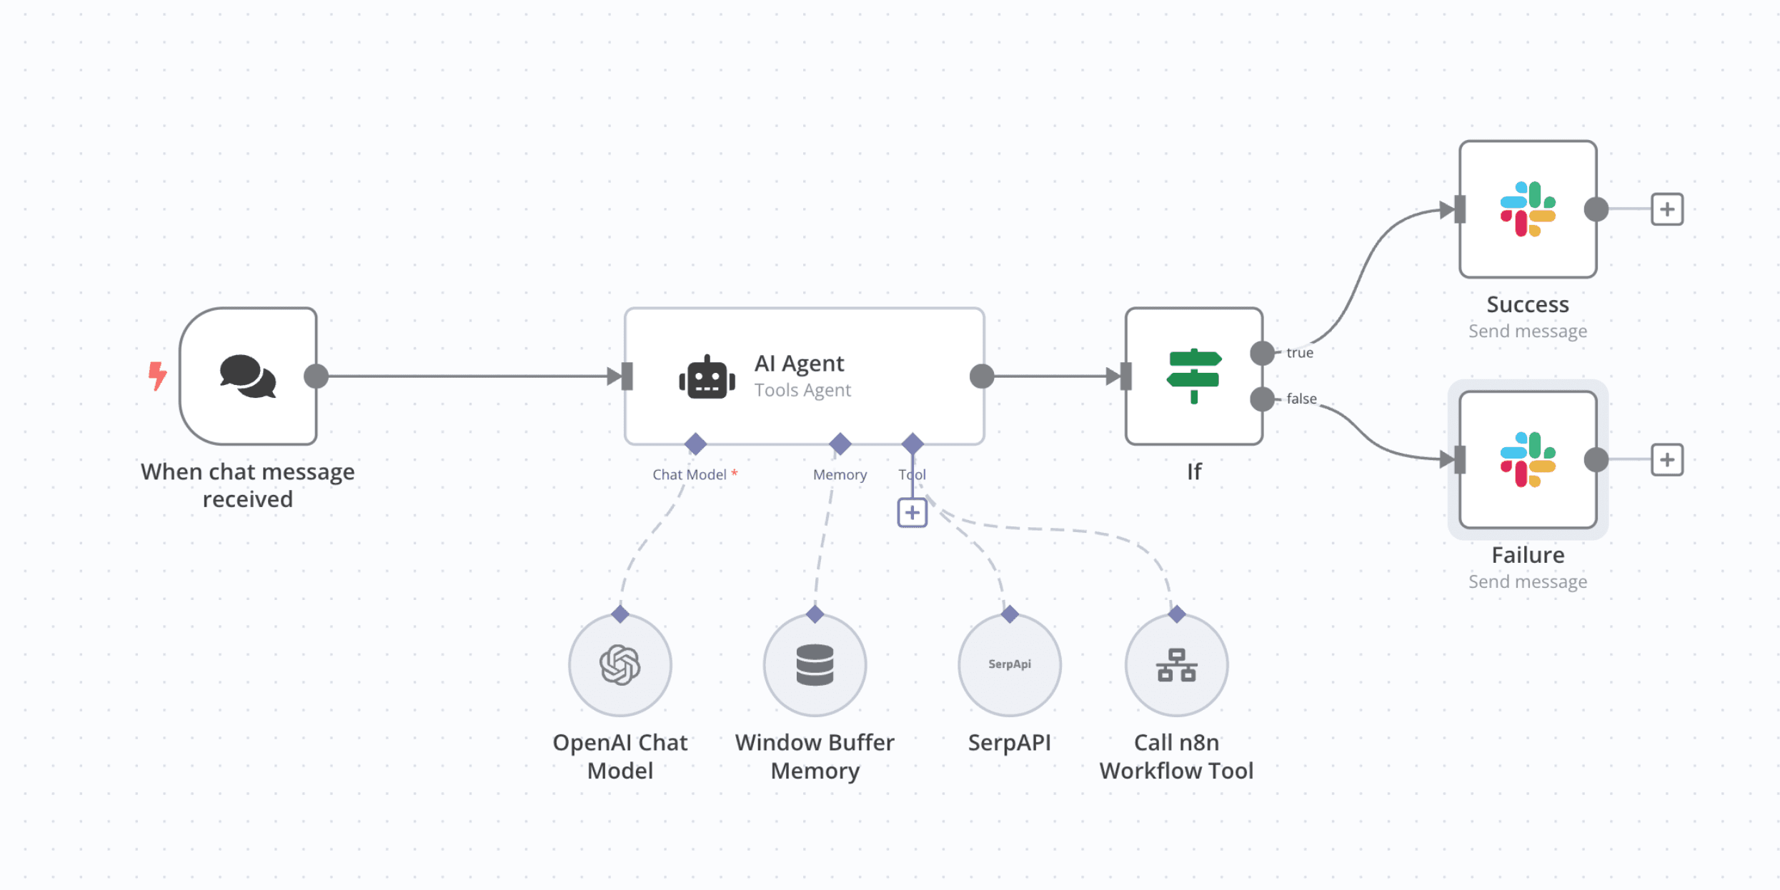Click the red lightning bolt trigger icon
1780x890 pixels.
[x=157, y=376]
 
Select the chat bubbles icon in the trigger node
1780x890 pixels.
[x=247, y=376]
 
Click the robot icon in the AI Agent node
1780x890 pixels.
[x=707, y=377]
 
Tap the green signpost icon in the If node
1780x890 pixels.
[x=1193, y=376]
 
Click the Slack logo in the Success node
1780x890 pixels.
[x=1528, y=209]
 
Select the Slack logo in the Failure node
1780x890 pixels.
[x=1528, y=460]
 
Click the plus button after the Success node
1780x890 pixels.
[x=1666, y=209]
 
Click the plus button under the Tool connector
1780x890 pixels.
[x=912, y=513]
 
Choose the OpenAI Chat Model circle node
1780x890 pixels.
[x=620, y=665]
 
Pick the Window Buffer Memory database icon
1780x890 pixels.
[x=815, y=665]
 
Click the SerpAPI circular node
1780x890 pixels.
[x=1009, y=665]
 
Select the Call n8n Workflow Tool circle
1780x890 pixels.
[x=1176, y=665]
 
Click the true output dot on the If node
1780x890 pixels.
[x=1262, y=353]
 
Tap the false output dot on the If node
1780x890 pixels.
[x=1262, y=399]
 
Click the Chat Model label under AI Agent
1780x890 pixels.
[x=690, y=475]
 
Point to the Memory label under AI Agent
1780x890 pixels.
[x=840, y=475]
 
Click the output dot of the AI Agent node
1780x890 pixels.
[x=982, y=376]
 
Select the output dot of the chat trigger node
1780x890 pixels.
[x=316, y=376]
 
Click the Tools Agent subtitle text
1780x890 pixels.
[x=802, y=390]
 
